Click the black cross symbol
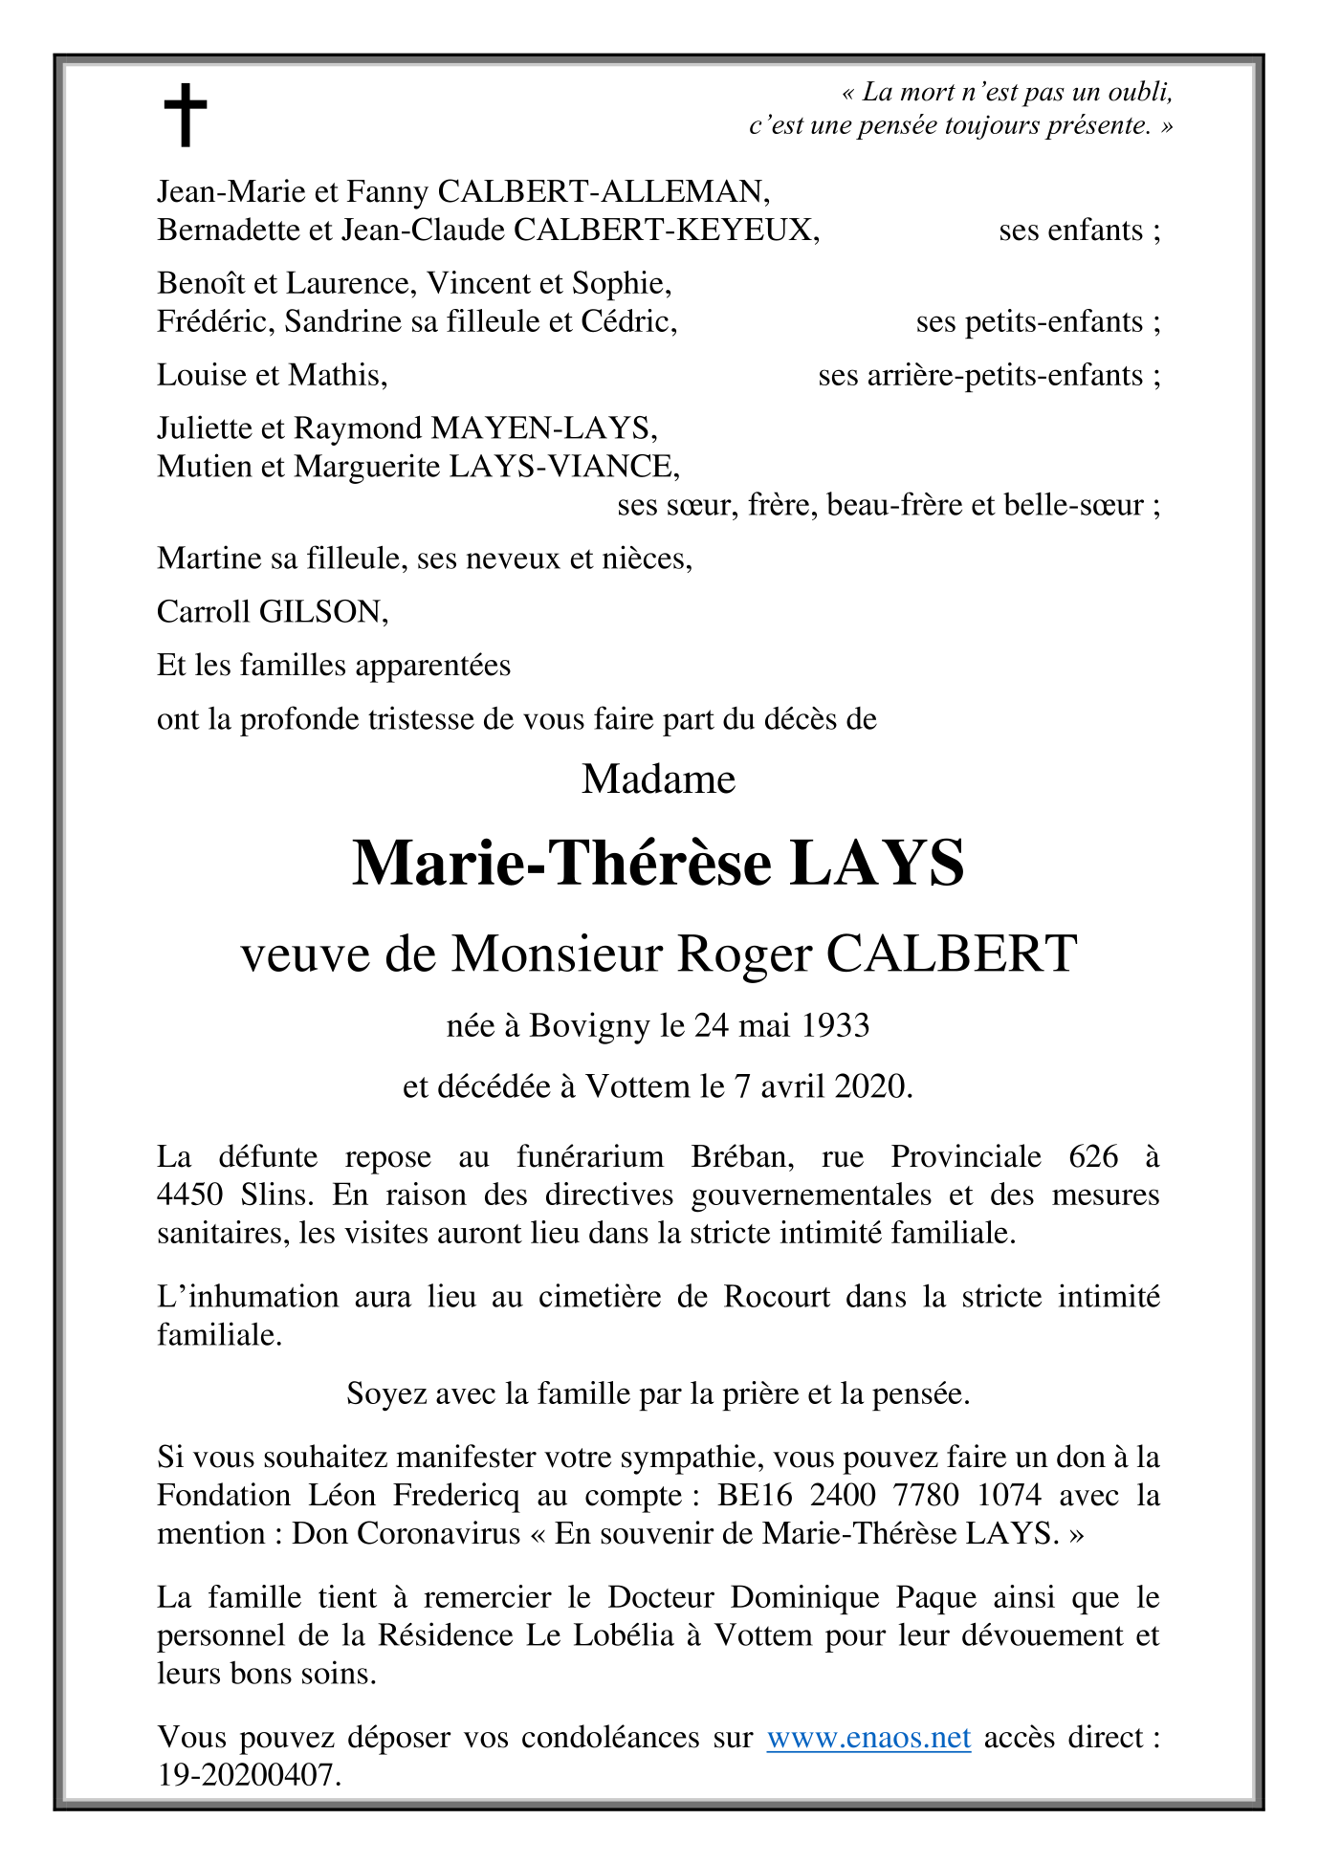185,115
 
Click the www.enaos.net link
868,1737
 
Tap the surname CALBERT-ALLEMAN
604,192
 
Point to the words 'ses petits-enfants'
1029,322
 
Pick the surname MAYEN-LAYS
543,428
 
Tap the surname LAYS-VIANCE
564,466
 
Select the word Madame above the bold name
658,779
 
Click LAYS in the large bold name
877,864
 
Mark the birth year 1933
835,1025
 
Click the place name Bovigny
589,1025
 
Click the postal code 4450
190,1195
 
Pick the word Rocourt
777,1297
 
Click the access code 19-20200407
248,1775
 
